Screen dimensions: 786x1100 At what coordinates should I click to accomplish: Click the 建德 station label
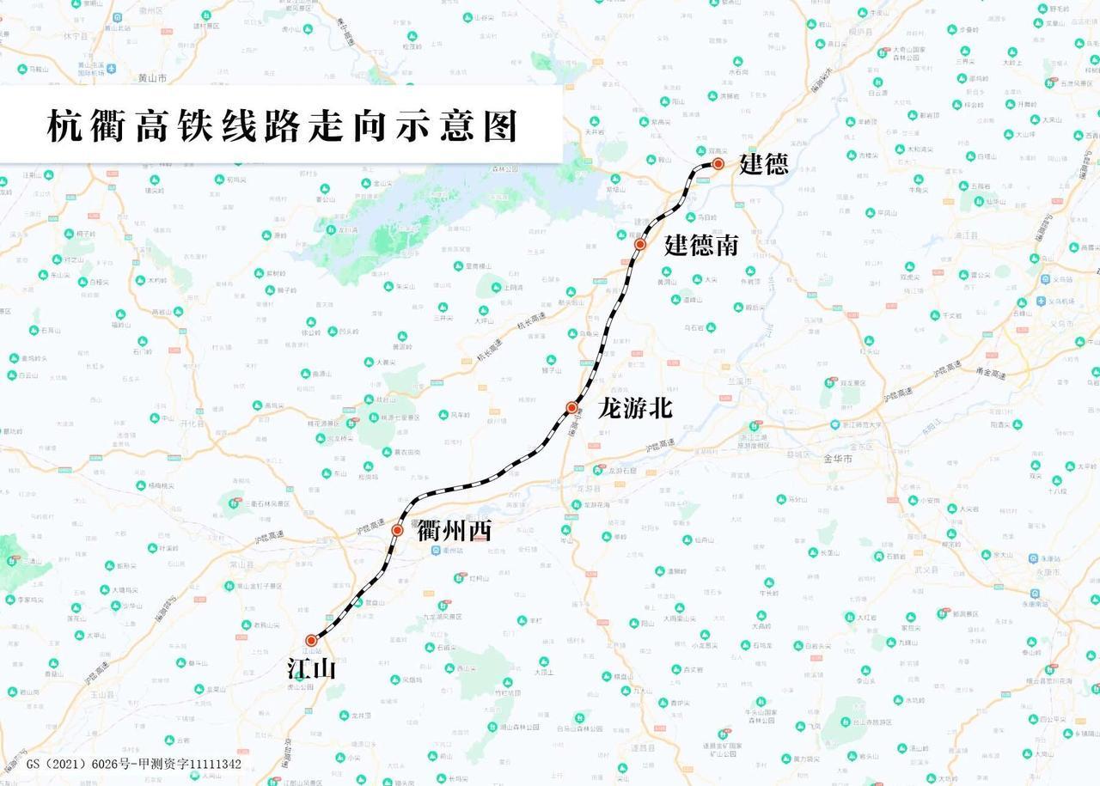763,164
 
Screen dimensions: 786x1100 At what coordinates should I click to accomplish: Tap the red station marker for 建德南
640,245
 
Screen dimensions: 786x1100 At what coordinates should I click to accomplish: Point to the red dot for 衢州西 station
398,531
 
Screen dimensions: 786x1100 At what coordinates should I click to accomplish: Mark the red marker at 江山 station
311,640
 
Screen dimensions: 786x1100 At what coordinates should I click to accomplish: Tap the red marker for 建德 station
718,163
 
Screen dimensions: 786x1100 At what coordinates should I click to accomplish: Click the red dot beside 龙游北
571,407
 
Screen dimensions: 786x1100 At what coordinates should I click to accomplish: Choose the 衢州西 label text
454,532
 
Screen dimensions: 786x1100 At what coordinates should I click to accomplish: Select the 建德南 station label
701,246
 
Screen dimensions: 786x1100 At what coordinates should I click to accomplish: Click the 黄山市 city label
152,77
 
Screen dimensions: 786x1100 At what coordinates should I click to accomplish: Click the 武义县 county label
901,570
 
